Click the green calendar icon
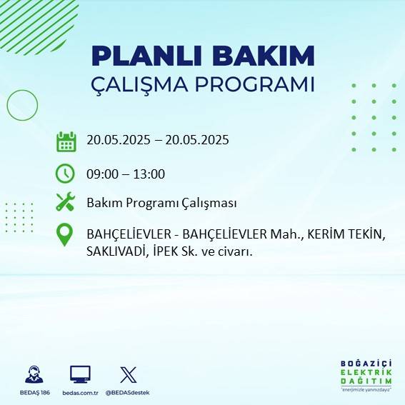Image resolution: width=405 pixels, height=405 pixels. tap(66, 141)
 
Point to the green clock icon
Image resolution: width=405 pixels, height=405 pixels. tap(65, 174)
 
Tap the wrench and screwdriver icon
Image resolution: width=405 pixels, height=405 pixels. tap(65, 203)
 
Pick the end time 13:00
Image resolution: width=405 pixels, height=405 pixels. tap(150, 174)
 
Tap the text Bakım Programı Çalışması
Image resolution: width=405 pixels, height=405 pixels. tap(161, 203)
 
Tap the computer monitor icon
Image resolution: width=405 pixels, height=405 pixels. tap(80, 374)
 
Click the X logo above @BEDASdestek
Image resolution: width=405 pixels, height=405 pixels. tap(129, 374)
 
